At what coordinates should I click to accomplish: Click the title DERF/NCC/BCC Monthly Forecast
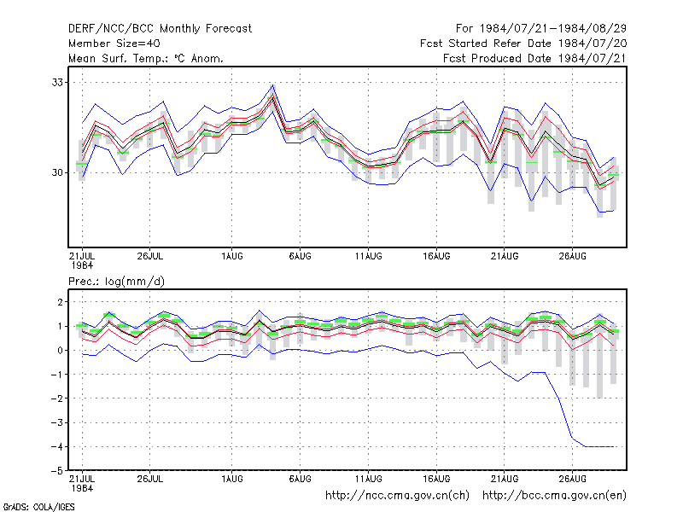pyautogui.click(x=160, y=29)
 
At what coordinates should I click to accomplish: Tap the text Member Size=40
pyautogui.click(x=114, y=44)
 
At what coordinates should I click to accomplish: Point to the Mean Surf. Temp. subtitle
pyautogui.click(x=146, y=58)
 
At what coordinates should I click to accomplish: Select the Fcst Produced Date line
pyautogui.click(x=535, y=58)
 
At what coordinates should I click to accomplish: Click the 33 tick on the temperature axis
pyautogui.click(x=57, y=82)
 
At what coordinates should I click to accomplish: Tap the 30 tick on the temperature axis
pyautogui.click(x=57, y=173)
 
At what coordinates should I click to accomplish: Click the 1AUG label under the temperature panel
pyautogui.click(x=231, y=256)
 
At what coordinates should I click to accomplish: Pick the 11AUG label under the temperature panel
pyautogui.click(x=368, y=256)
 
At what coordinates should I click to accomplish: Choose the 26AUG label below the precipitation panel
pyautogui.click(x=572, y=479)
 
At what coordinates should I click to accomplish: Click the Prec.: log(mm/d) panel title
pyautogui.click(x=116, y=282)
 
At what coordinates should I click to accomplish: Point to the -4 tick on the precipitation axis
pyautogui.click(x=57, y=446)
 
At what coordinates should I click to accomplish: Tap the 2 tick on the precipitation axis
pyautogui.click(x=60, y=302)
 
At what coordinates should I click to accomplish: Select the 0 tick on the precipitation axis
pyautogui.click(x=60, y=351)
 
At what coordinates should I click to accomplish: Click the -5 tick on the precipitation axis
pyautogui.click(x=57, y=471)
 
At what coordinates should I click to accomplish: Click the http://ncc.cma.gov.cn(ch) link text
pyautogui.click(x=397, y=496)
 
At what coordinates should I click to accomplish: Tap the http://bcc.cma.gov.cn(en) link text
pyautogui.click(x=554, y=496)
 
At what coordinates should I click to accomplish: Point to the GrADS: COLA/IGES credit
pyautogui.click(x=38, y=507)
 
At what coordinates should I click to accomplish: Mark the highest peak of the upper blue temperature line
pyautogui.click(x=272, y=84)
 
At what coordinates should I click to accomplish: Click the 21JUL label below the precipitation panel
pyautogui.click(x=82, y=479)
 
